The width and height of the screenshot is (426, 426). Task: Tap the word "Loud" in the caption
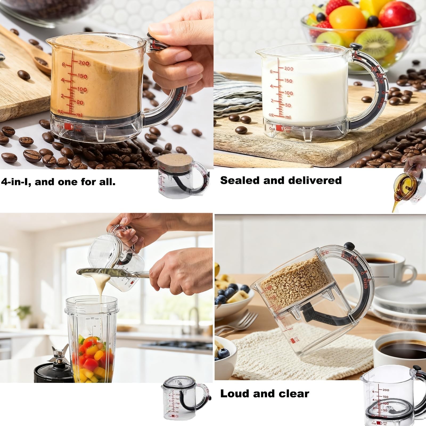234,394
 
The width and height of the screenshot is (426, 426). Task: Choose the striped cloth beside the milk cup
234,88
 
